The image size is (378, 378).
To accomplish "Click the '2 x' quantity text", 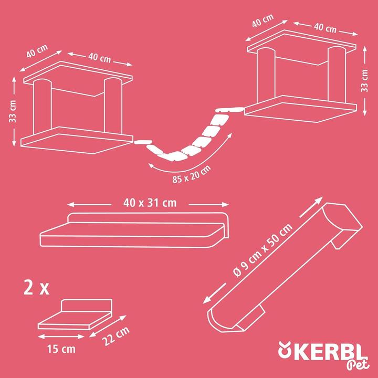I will (36, 288).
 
